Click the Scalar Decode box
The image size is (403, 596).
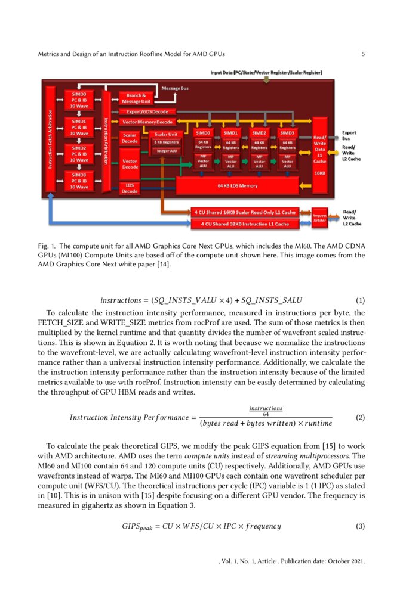(130, 138)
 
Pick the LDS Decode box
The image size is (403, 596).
(130, 188)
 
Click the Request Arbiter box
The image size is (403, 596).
(321, 218)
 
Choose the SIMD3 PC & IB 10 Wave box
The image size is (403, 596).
(79, 179)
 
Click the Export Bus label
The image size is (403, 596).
(350, 136)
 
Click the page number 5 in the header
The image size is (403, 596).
(363, 55)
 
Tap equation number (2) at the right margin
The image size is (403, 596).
(360, 418)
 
